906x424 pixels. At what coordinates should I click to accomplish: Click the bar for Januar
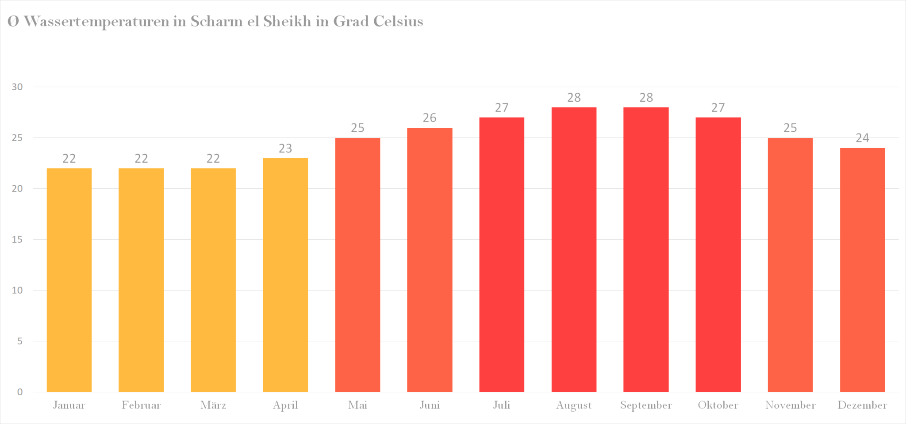[x=69, y=280]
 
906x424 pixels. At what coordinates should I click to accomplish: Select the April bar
[x=285, y=275]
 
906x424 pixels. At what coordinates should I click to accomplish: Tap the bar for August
[x=574, y=249]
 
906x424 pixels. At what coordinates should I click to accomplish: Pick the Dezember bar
[x=862, y=270]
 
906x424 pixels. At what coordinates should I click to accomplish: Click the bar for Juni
[x=430, y=260]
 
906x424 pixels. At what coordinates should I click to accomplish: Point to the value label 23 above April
[x=285, y=149]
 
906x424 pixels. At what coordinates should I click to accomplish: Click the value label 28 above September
[x=646, y=98]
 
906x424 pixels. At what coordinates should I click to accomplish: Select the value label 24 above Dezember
[x=862, y=138]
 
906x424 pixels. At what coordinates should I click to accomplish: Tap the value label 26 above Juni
[x=430, y=118]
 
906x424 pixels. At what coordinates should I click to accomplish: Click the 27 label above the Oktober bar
[x=718, y=108]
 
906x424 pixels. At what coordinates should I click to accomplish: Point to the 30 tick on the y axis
[x=17, y=87]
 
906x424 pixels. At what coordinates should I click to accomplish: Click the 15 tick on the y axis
[x=17, y=240]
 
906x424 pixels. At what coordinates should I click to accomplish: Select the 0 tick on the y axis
[x=20, y=392]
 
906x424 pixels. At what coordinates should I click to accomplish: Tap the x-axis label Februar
[x=141, y=405]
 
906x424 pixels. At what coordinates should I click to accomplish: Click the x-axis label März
[x=213, y=405]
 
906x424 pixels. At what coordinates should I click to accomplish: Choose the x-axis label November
[x=790, y=405]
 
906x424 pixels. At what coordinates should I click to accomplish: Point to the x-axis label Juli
[x=502, y=405]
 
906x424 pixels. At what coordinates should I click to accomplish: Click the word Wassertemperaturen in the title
[x=96, y=22]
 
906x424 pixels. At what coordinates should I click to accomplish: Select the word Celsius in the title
[x=398, y=21]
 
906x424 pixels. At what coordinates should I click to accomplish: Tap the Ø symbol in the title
[x=13, y=21]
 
